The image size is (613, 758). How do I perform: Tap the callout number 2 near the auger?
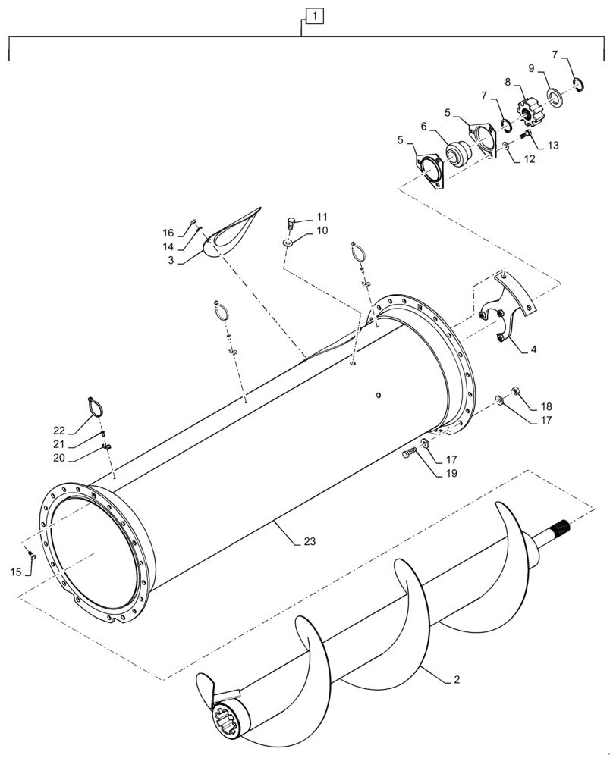coord(457,680)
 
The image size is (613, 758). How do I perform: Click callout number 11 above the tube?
coord(303,216)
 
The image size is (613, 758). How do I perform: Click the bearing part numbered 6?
coord(459,152)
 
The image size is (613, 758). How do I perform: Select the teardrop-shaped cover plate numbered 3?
coord(231,233)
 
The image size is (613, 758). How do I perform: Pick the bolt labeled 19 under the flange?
coord(409,454)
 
